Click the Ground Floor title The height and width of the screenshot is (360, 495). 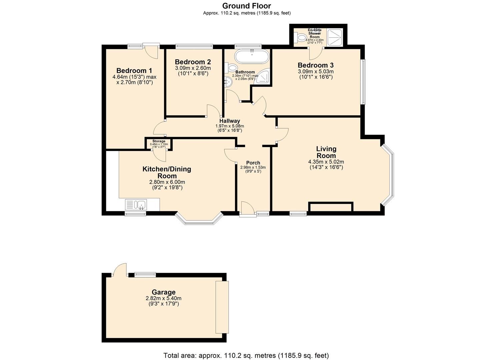pyautogui.click(x=247, y=6)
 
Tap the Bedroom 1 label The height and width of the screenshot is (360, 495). pyautogui.click(x=134, y=71)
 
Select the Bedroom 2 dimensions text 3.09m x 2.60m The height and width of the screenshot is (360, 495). pyautogui.click(x=193, y=68)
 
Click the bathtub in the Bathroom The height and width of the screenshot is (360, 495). pyautogui.click(x=251, y=56)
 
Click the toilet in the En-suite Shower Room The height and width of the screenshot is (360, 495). pyautogui.click(x=302, y=38)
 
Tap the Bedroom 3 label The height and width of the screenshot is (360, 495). pyautogui.click(x=315, y=65)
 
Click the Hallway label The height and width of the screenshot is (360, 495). pyautogui.click(x=230, y=121)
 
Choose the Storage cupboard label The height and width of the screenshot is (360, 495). pyautogui.click(x=159, y=141)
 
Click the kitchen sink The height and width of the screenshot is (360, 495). pyautogui.click(x=136, y=204)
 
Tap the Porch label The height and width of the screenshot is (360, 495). pyautogui.click(x=253, y=163)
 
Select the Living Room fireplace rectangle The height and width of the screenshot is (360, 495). pyautogui.click(x=331, y=207)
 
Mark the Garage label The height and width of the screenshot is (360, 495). pyautogui.click(x=163, y=292)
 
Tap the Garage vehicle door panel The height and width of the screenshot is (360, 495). pyautogui.click(x=222, y=307)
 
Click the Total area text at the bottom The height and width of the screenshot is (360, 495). pyautogui.click(x=246, y=355)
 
